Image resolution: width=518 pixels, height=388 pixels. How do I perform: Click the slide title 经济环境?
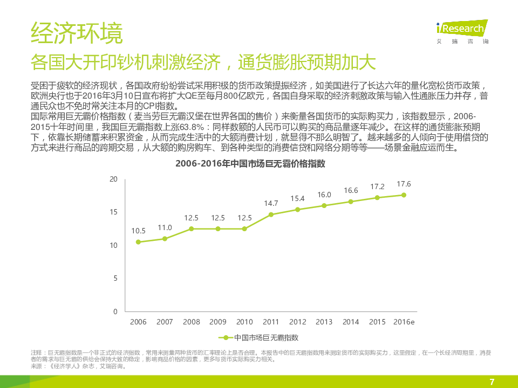tap(77, 33)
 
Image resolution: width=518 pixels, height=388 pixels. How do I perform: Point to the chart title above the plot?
tap(250, 164)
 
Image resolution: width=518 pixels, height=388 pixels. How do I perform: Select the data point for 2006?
tap(138, 242)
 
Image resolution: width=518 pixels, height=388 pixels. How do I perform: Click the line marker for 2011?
tap(271, 214)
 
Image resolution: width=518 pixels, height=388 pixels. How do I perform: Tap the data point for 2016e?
tap(404, 195)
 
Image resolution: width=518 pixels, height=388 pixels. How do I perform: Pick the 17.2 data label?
tap(377, 186)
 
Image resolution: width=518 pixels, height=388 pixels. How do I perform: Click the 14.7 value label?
tap(271, 203)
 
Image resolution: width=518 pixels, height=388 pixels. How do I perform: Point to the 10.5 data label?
tap(138, 231)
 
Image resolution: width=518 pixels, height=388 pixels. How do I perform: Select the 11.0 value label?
tap(165, 227)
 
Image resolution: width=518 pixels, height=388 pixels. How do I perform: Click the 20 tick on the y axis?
tap(113, 179)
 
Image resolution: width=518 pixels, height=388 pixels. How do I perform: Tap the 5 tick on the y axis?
tap(115, 279)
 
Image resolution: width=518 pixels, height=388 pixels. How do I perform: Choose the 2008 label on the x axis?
tap(192, 322)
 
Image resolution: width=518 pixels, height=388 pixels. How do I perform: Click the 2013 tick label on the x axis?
tap(324, 322)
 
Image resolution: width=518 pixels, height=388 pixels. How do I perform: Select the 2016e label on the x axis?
tap(404, 322)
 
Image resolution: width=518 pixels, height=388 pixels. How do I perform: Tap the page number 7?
tap(492, 382)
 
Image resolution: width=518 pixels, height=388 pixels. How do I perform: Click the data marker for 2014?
tap(351, 202)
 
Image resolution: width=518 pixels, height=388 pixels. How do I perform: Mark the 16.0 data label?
tap(324, 195)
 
